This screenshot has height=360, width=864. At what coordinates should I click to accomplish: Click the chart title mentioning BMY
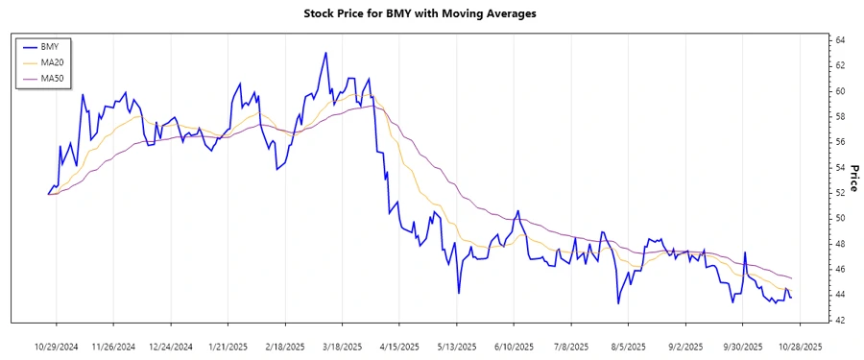pyautogui.click(x=420, y=13)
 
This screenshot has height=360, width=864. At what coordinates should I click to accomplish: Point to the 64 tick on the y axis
pyautogui.click(x=839, y=40)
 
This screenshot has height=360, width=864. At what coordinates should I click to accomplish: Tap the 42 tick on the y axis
pyautogui.click(x=839, y=320)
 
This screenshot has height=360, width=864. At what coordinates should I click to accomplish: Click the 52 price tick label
pyautogui.click(x=839, y=193)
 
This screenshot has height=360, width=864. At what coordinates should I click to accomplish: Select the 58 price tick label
pyautogui.click(x=839, y=116)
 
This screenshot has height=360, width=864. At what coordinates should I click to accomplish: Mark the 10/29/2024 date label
pyautogui.click(x=57, y=346)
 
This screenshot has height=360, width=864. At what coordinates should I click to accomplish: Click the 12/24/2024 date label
pyautogui.click(x=170, y=346)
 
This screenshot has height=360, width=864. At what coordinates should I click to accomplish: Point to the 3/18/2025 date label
pyautogui.click(x=342, y=346)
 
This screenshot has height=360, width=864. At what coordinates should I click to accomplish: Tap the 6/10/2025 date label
pyautogui.click(x=514, y=346)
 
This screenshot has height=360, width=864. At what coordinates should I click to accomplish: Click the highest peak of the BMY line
pyautogui.click(x=325, y=53)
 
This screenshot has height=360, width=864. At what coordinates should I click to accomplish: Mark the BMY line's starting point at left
pyautogui.click(x=48, y=194)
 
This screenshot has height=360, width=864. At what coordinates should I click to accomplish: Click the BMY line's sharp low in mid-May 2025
pyautogui.click(x=459, y=293)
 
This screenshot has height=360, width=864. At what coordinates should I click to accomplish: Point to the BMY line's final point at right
pyautogui.click(x=791, y=297)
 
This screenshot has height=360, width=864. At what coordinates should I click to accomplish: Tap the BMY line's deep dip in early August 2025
pyautogui.click(x=618, y=303)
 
